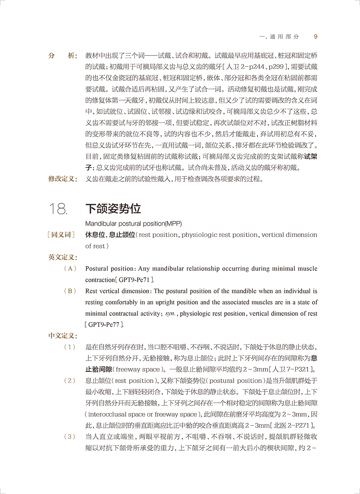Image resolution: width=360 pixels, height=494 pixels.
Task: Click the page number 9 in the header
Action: [x=316, y=36]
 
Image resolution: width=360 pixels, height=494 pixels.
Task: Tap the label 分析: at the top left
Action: [x=63, y=56]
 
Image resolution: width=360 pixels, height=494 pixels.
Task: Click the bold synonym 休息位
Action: [x=95, y=235]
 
